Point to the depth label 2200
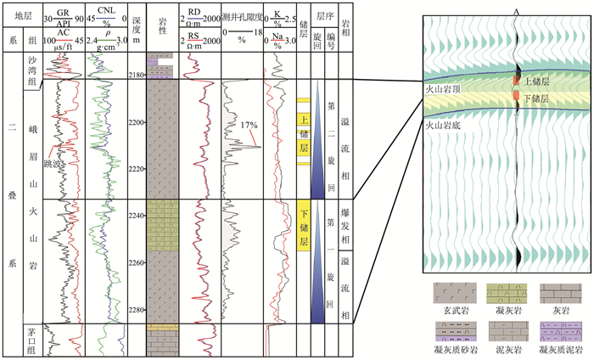[x=136, y=123]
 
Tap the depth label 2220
[x=136, y=170]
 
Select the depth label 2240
[x=136, y=217]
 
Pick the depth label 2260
[x=136, y=263]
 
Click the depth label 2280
[x=136, y=310]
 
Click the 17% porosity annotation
[x=247, y=125]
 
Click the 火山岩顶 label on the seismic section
[x=443, y=87]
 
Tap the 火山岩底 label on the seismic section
[x=443, y=122]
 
